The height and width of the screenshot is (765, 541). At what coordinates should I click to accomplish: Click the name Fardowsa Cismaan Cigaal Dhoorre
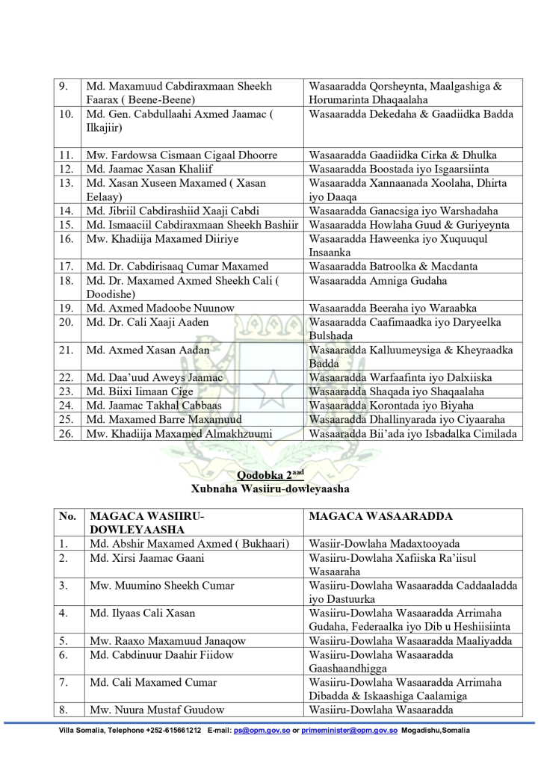pyautogui.click(x=182, y=155)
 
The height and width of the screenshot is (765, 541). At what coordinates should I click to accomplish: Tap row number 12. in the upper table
pyautogui.click(x=66, y=169)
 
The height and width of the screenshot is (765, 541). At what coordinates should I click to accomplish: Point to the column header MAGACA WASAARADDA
pyautogui.click(x=377, y=516)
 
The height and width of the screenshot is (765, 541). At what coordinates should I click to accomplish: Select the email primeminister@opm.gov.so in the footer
pyautogui.click(x=348, y=730)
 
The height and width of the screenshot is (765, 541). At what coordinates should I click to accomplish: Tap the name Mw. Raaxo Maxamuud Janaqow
pyautogui.click(x=167, y=641)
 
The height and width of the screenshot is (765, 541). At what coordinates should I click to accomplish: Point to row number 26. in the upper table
pyautogui.click(x=66, y=433)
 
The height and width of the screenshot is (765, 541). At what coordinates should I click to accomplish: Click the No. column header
pyautogui.click(x=67, y=516)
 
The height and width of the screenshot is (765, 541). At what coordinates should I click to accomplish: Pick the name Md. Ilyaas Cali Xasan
pyautogui.click(x=141, y=613)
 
